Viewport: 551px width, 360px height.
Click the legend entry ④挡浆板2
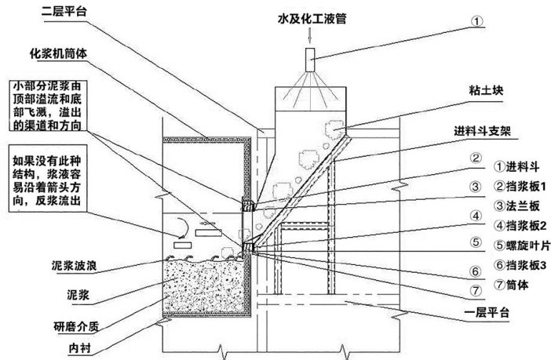[x=517, y=225]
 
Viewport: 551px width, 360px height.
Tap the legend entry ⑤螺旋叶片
[x=517, y=245]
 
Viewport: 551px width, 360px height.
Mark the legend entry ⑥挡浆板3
[x=517, y=264]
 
